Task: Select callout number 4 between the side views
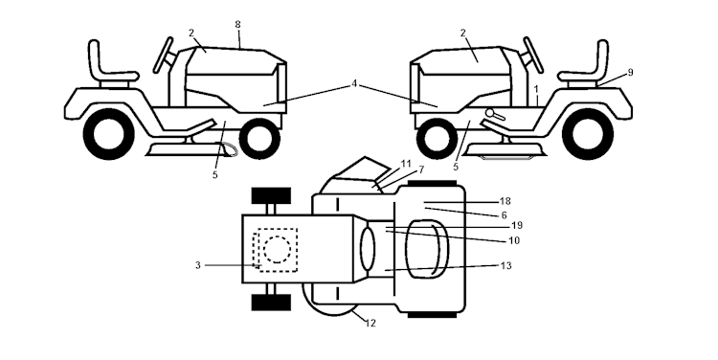(x=354, y=84)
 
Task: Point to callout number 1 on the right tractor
(x=537, y=89)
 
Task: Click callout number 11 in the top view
(x=406, y=163)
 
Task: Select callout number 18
(x=505, y=202)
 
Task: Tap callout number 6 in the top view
(x=504, y=215)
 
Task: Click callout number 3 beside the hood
(x=197, y=264)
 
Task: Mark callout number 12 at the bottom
(x=370, y=323)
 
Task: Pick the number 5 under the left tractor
(x=214, y=174)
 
